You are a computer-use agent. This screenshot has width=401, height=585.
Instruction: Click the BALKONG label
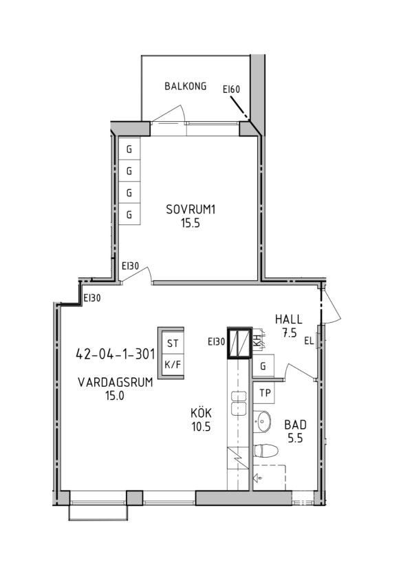186,86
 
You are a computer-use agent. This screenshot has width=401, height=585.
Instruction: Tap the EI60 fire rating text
231,89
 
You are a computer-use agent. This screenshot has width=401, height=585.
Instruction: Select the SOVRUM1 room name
191,210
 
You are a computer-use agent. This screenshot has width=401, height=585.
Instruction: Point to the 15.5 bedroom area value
191,223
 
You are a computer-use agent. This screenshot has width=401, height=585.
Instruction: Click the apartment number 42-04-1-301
116,354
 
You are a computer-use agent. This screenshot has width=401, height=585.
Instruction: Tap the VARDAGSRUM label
116,383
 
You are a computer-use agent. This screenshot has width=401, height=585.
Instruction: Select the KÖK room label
201,413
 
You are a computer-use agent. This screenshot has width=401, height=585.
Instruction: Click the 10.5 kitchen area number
201,427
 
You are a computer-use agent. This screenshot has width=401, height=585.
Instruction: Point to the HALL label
288,319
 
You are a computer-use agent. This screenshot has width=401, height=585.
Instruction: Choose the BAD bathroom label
296,425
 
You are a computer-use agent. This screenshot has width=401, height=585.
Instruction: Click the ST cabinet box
173,343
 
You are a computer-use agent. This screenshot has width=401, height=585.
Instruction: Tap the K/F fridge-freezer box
173,365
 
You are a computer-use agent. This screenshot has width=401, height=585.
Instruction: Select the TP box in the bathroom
265,393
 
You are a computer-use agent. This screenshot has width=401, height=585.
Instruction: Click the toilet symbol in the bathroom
265,450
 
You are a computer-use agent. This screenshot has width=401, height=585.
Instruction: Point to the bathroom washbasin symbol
263,422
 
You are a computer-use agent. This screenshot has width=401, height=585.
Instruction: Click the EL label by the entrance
309,341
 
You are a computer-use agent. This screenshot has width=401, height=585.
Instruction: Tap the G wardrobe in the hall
263,366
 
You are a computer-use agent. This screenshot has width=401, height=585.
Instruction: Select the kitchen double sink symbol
239,403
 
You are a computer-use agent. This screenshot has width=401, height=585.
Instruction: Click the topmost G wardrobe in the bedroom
129,149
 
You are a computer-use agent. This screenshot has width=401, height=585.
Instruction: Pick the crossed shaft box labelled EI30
240,343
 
